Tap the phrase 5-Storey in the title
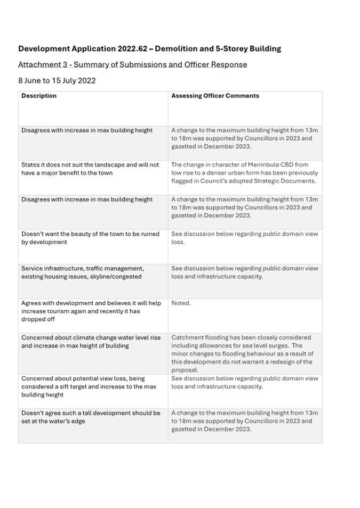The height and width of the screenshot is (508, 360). pos(225,49)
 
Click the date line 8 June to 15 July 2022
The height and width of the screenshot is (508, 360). pos(57,81)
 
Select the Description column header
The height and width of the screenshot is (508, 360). pos(39,96)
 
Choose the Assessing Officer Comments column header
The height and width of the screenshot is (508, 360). pos(215,96)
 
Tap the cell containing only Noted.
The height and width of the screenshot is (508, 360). pos(181,303)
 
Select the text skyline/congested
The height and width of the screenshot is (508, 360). pos(116,277)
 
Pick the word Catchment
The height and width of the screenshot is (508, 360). pos(188,337)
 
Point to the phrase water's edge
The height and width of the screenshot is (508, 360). pos(72,421)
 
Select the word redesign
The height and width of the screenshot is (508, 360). pos(291,361)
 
